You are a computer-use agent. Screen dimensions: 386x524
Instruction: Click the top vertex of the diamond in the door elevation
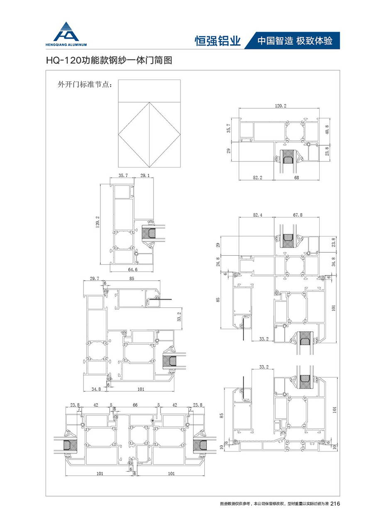tap(149, 102)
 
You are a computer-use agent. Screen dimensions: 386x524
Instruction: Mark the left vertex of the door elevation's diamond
tap(118, 135)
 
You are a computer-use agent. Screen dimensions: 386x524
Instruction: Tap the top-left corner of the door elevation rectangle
tap(118, 80)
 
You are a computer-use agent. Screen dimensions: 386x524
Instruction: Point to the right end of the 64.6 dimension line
tap(154, 272)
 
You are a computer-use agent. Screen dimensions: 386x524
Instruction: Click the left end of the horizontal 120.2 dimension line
tap(239, 108)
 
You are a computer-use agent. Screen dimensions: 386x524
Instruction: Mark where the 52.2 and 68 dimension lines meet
tap(274, 180)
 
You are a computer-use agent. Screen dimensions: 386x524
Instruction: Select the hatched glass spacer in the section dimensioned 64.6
tap(150, 233)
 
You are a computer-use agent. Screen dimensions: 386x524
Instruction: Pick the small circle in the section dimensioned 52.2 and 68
tap(308, 144)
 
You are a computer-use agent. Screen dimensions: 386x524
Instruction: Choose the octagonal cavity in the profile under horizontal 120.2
tap(295, 132)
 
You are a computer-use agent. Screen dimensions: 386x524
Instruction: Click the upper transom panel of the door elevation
tap(149, 91)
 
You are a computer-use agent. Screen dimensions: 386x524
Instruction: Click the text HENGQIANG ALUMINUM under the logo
tap(66, 45)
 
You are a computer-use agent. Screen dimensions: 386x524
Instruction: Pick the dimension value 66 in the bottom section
tap(135, 405)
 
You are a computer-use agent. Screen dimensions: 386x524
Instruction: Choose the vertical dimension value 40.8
tap(327, 130)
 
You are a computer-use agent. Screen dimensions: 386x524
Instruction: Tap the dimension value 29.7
tap(95, 279)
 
